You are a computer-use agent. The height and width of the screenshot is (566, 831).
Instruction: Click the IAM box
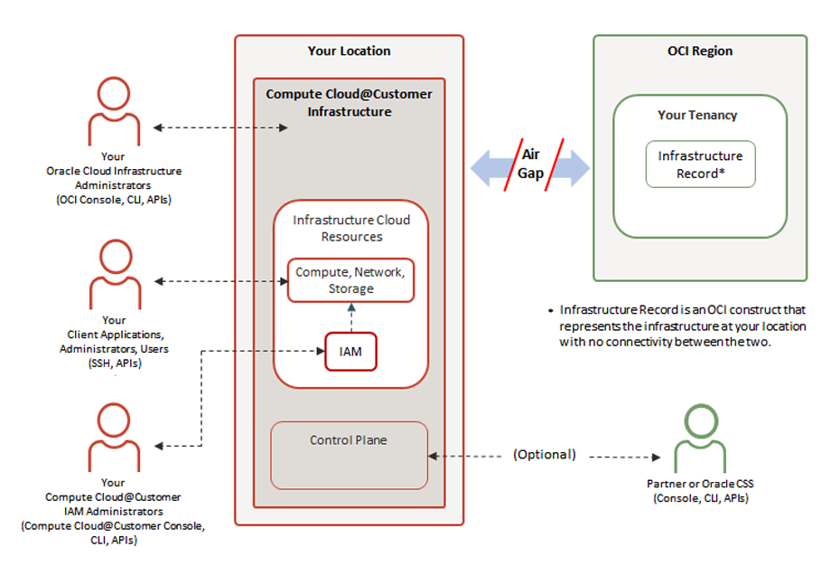pos(350,351)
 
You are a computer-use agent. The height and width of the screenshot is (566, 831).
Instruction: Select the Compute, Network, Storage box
pos(350,280)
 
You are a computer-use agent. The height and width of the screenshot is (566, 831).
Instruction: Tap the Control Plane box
pos(349,455)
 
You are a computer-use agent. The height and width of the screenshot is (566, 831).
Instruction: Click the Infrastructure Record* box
pos(700,165)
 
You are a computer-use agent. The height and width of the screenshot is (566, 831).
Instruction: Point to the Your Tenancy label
pos(697,116)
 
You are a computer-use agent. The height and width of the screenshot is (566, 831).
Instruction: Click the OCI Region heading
pos(699,52)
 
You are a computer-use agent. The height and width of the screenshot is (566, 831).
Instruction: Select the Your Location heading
pos(349,52)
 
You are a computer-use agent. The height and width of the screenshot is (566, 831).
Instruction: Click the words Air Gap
pos(530,165)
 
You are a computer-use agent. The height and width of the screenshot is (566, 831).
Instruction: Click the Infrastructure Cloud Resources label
pos(350,228)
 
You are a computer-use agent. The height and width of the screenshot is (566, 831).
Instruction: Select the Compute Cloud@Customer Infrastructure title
pos(349,103)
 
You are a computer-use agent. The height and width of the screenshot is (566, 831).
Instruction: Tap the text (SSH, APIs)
pos(114,363)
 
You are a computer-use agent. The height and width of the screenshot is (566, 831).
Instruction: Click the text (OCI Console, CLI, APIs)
pos(114,200)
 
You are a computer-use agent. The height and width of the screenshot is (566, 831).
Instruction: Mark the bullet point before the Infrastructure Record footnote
pos(551,310)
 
